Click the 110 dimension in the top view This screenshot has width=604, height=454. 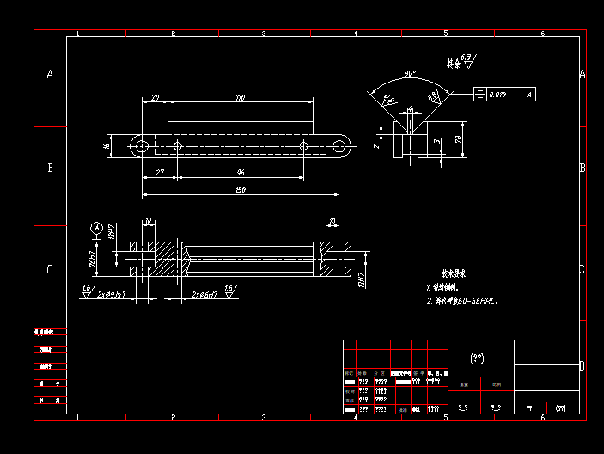click(239, 99)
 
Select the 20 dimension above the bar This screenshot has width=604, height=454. click(155, 99)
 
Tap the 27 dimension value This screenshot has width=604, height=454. click(160, 174)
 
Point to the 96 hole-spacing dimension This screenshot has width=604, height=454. click(241, 174)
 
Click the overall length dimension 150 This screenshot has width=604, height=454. click(240, 190)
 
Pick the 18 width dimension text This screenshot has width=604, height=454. click(107, 146)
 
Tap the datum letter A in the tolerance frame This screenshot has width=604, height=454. click(529, 95)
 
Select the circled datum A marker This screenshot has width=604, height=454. click(97, 228)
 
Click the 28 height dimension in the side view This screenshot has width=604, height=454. click(459, 138)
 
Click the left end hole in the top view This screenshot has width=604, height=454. click(141, 146)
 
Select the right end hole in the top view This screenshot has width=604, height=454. click(339, 146)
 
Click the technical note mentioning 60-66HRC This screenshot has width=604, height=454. click(463, 302)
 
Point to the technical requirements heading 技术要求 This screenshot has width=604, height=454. click(454, 273)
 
